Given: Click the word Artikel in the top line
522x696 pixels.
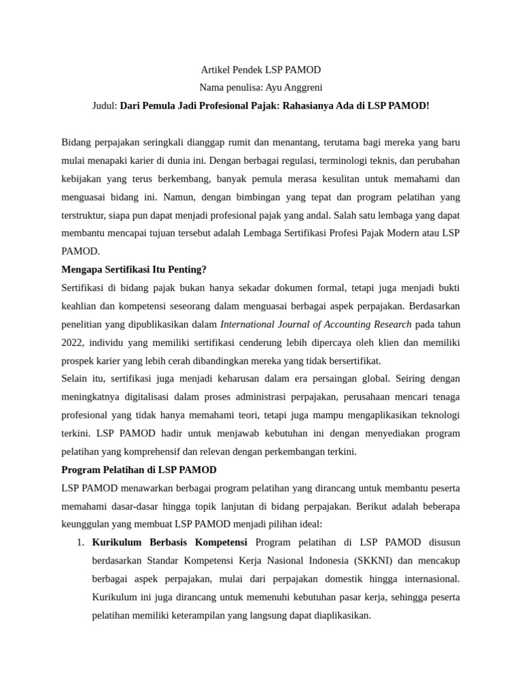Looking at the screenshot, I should click(215, 70).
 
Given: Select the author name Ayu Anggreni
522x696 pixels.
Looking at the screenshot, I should click(294, 88).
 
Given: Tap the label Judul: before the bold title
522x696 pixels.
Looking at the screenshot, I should click(105, 106).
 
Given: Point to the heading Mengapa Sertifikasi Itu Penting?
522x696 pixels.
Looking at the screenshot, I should click(134, 269).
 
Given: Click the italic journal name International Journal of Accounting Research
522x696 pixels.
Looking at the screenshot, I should click(315, 324).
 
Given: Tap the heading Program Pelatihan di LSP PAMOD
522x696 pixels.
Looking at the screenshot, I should click(139, 470).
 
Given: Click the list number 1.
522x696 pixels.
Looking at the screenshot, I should click(80, 542).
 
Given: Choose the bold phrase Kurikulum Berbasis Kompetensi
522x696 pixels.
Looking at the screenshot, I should click(169, 542).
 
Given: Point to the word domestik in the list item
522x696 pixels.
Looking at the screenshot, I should click(366, 579).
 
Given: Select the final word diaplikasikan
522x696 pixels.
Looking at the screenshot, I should click(337, 616).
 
